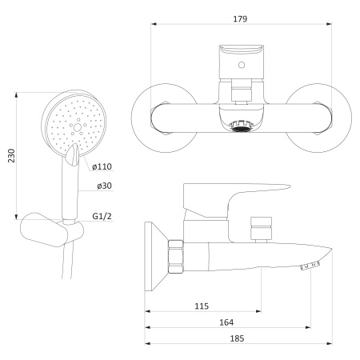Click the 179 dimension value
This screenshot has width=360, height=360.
pyautogui.click(x=240, y=19)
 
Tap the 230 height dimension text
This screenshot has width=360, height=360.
pyautogui.click(x=11, y=156)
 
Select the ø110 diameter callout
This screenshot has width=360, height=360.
pyautogui.click(x=102, y=166)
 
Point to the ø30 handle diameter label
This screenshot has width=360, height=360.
pyautogui.click(x=104, y=186)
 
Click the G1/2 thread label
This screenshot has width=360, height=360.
pyautogui.click(x=102, y=216)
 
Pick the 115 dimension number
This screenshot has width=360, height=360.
pyautogui.click(x=202, y=306)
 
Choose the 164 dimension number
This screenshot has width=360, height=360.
pyautogui.click(x=226, y=322)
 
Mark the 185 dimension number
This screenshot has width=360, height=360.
pyautogui.click(x=237, y=338)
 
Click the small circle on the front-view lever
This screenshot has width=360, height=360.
pyautogui.click(x=242, y=65)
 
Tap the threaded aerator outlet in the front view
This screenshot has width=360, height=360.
pyautogui.click(x=242, y=126)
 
